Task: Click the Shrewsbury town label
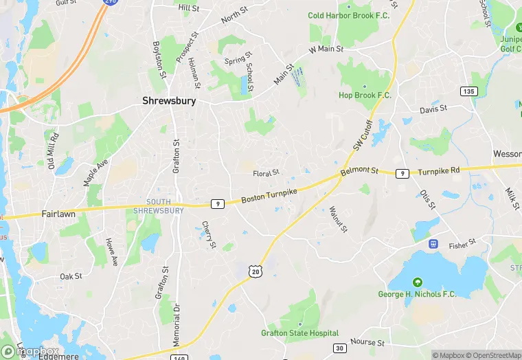(x=169, y=100)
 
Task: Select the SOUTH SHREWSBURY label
(x=159, y=206)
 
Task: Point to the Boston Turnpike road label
(x=269, y=196)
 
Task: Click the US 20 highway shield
(x=256, y=273)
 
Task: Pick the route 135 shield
(x=468, y=91)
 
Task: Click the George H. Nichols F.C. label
(x=417, y=294)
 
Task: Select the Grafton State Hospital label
(x=299, y=333)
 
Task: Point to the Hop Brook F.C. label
(x=365, y=95)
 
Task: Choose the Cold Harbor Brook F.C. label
(x=348, y=15)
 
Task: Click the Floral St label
(x=266, y=173)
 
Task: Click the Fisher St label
(x=462, y=244)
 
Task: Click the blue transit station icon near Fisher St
(x=433, y=244)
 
